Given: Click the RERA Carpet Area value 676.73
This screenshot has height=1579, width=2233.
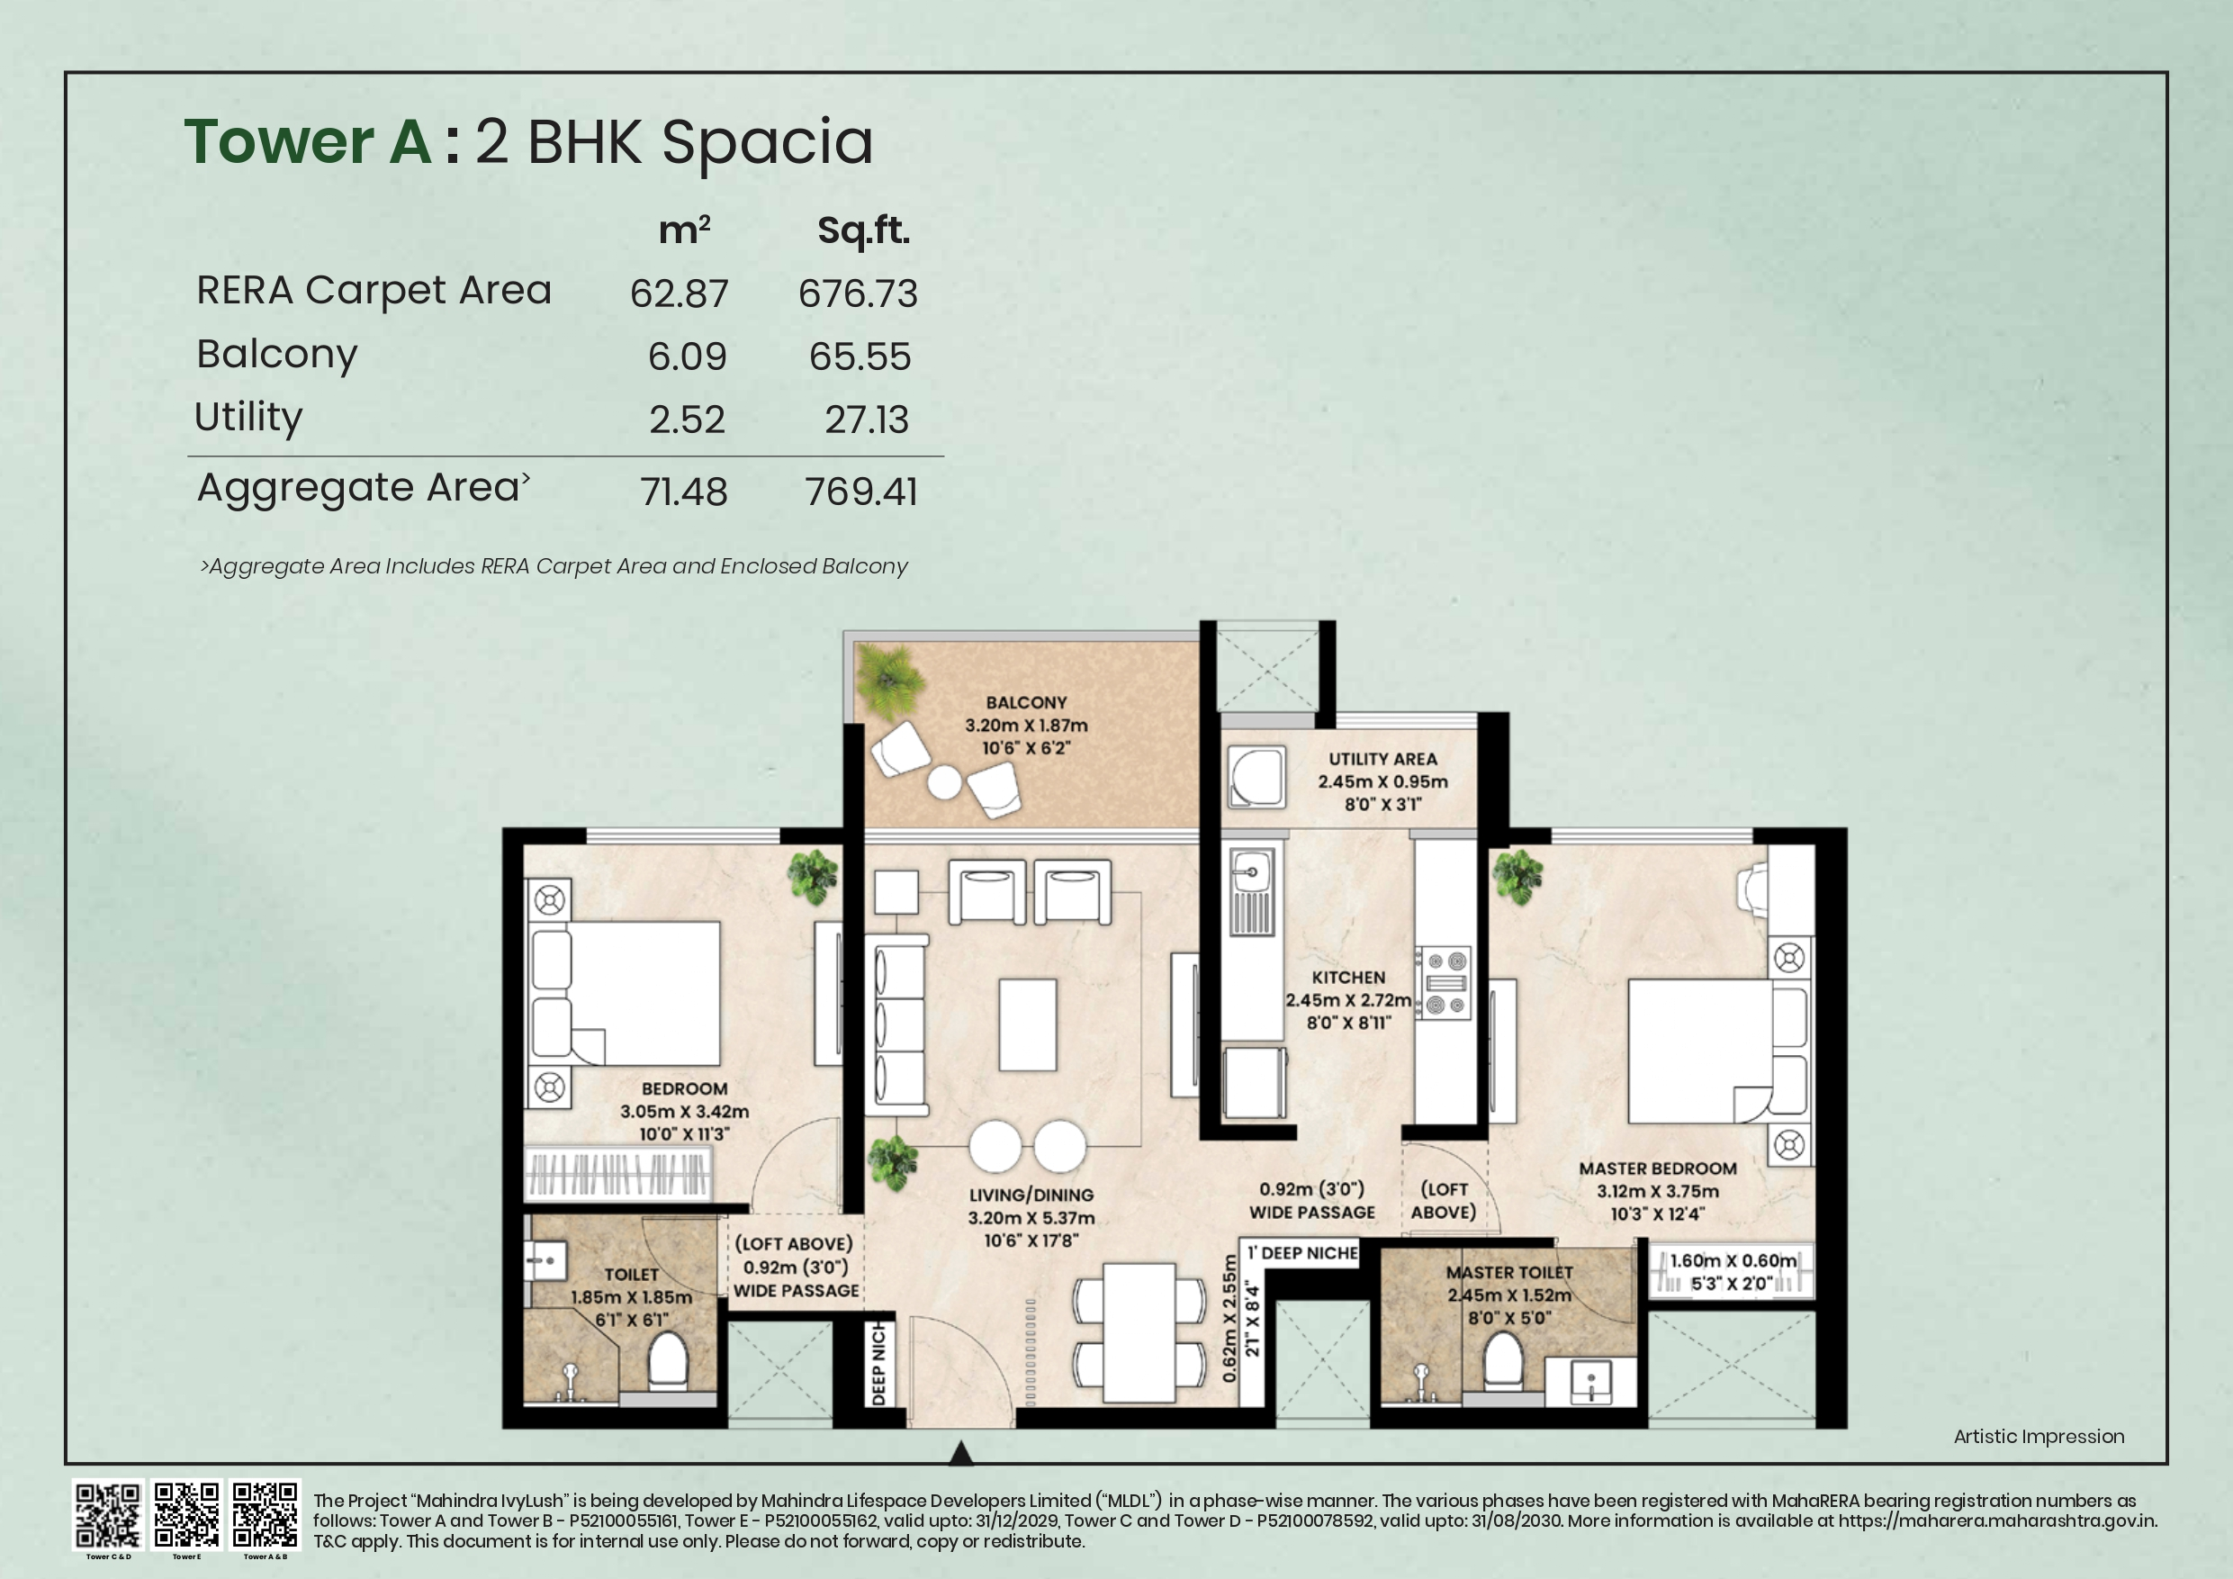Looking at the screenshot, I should (x=857, y=293).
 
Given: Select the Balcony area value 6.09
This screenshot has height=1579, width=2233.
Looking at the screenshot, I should (x=687, y=356).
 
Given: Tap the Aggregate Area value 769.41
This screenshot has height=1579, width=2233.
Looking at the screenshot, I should (x=860, y=492).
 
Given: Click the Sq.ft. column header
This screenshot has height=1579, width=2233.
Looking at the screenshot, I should (x=862, y=230).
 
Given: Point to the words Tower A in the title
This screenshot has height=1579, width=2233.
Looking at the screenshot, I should (x=307, y=142).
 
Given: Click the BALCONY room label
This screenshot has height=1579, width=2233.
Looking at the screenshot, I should (x=1026, y=702).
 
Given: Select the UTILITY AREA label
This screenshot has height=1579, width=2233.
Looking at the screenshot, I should (x=1382, y=759).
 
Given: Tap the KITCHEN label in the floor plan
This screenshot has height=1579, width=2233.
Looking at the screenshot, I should (x=1347, y=977).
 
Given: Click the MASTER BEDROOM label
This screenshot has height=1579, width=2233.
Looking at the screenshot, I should (x=1657, y=1168).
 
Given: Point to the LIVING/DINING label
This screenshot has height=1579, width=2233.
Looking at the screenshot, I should (x=1031, y=1195).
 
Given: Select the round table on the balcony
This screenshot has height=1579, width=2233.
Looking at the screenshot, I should (x=943, y=782).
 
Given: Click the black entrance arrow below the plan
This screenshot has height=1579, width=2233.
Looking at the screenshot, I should (x=960, y=1453).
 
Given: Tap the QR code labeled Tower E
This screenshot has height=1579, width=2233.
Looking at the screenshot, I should (x=186, y=1514).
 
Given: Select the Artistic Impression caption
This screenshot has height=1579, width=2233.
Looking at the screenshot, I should (x=2039, y=1436).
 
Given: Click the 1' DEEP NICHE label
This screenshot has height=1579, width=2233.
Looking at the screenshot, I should (x=1302, y=1253).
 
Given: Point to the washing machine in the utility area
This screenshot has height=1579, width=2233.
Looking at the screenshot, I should (x=1256, y=777).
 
